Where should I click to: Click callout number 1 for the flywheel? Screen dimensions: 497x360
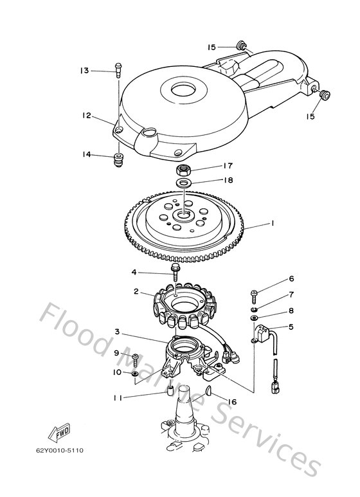click(273, 223)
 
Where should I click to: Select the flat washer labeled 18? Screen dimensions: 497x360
click(185, 184)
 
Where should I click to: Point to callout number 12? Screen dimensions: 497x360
click(86, 116)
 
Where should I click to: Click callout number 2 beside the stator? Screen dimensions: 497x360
click(136, 291)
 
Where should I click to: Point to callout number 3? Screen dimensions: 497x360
click(117, 332)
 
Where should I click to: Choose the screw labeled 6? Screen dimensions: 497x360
click(255, 295)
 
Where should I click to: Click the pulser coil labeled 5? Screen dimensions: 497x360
click(263, 336)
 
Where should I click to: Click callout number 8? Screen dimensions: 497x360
click(291, 310)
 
